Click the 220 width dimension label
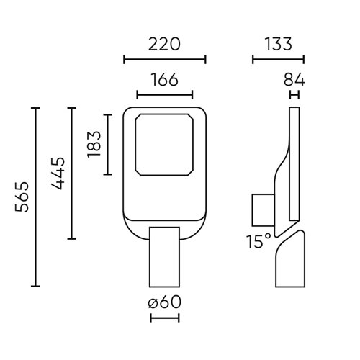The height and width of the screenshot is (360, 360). [x=165, y=44]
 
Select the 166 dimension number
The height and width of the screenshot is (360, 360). [x=164, y=80]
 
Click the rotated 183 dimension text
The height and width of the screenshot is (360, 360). [x=93, y=145]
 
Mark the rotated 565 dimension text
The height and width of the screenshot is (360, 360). [x=22, y=197]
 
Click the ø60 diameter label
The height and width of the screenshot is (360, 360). [x=164, y=302]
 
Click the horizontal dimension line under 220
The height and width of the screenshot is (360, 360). [x=165, y=59]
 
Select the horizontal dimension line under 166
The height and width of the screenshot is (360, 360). [x=164, y=94]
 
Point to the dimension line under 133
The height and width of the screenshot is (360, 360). [x=278, y=59]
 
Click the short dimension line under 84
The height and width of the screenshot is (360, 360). [x=294, y=94]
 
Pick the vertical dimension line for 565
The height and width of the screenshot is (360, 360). [x=36, y=197]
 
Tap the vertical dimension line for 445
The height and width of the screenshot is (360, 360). [x=71, y=173]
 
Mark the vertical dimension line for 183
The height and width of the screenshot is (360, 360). [x=107, y=145]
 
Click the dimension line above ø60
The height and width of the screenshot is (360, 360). [x=164, y=287]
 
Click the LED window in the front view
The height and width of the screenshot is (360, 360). [x=164, y=144]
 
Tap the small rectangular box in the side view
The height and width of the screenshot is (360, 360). [x=262, y=209]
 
